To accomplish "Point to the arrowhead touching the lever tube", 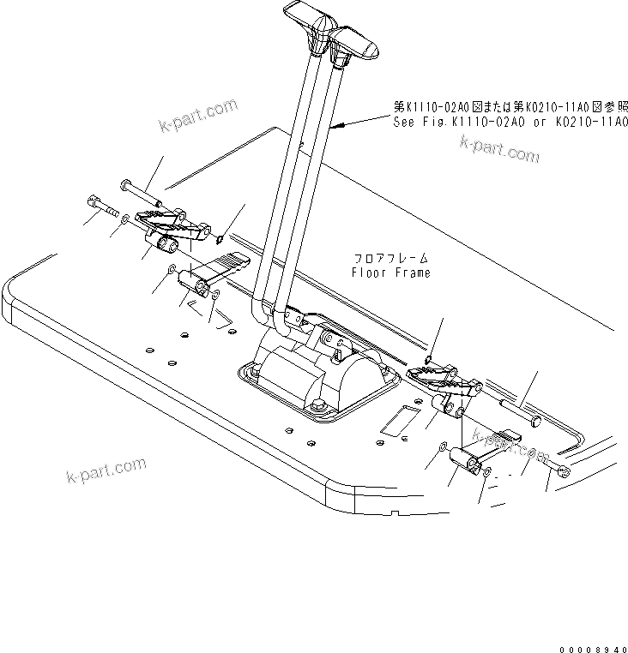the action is coord(335,127).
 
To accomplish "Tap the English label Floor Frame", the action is coord(391,273).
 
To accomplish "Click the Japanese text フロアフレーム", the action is coord(391,258).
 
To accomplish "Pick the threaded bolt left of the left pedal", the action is coord(102,208).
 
